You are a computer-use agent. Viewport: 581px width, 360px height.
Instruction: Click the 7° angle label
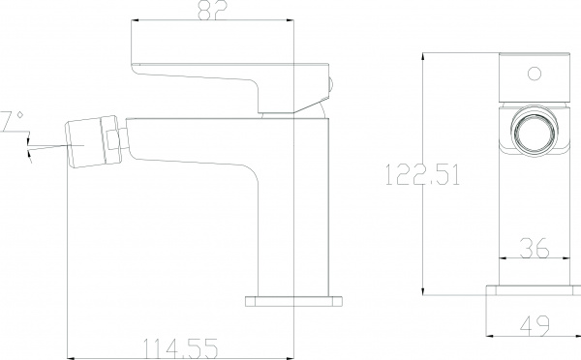(x=12, y=120)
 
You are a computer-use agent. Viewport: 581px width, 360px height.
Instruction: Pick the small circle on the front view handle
(x=534, y=72)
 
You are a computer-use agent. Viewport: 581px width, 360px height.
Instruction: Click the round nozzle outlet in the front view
(x=534, y=133)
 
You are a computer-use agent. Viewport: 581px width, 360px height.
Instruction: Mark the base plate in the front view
(x=534, y=295)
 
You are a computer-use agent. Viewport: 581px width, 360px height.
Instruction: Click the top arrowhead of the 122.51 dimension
(x=425, y=55)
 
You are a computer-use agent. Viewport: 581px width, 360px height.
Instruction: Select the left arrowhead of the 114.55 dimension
(x=68, y=354)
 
